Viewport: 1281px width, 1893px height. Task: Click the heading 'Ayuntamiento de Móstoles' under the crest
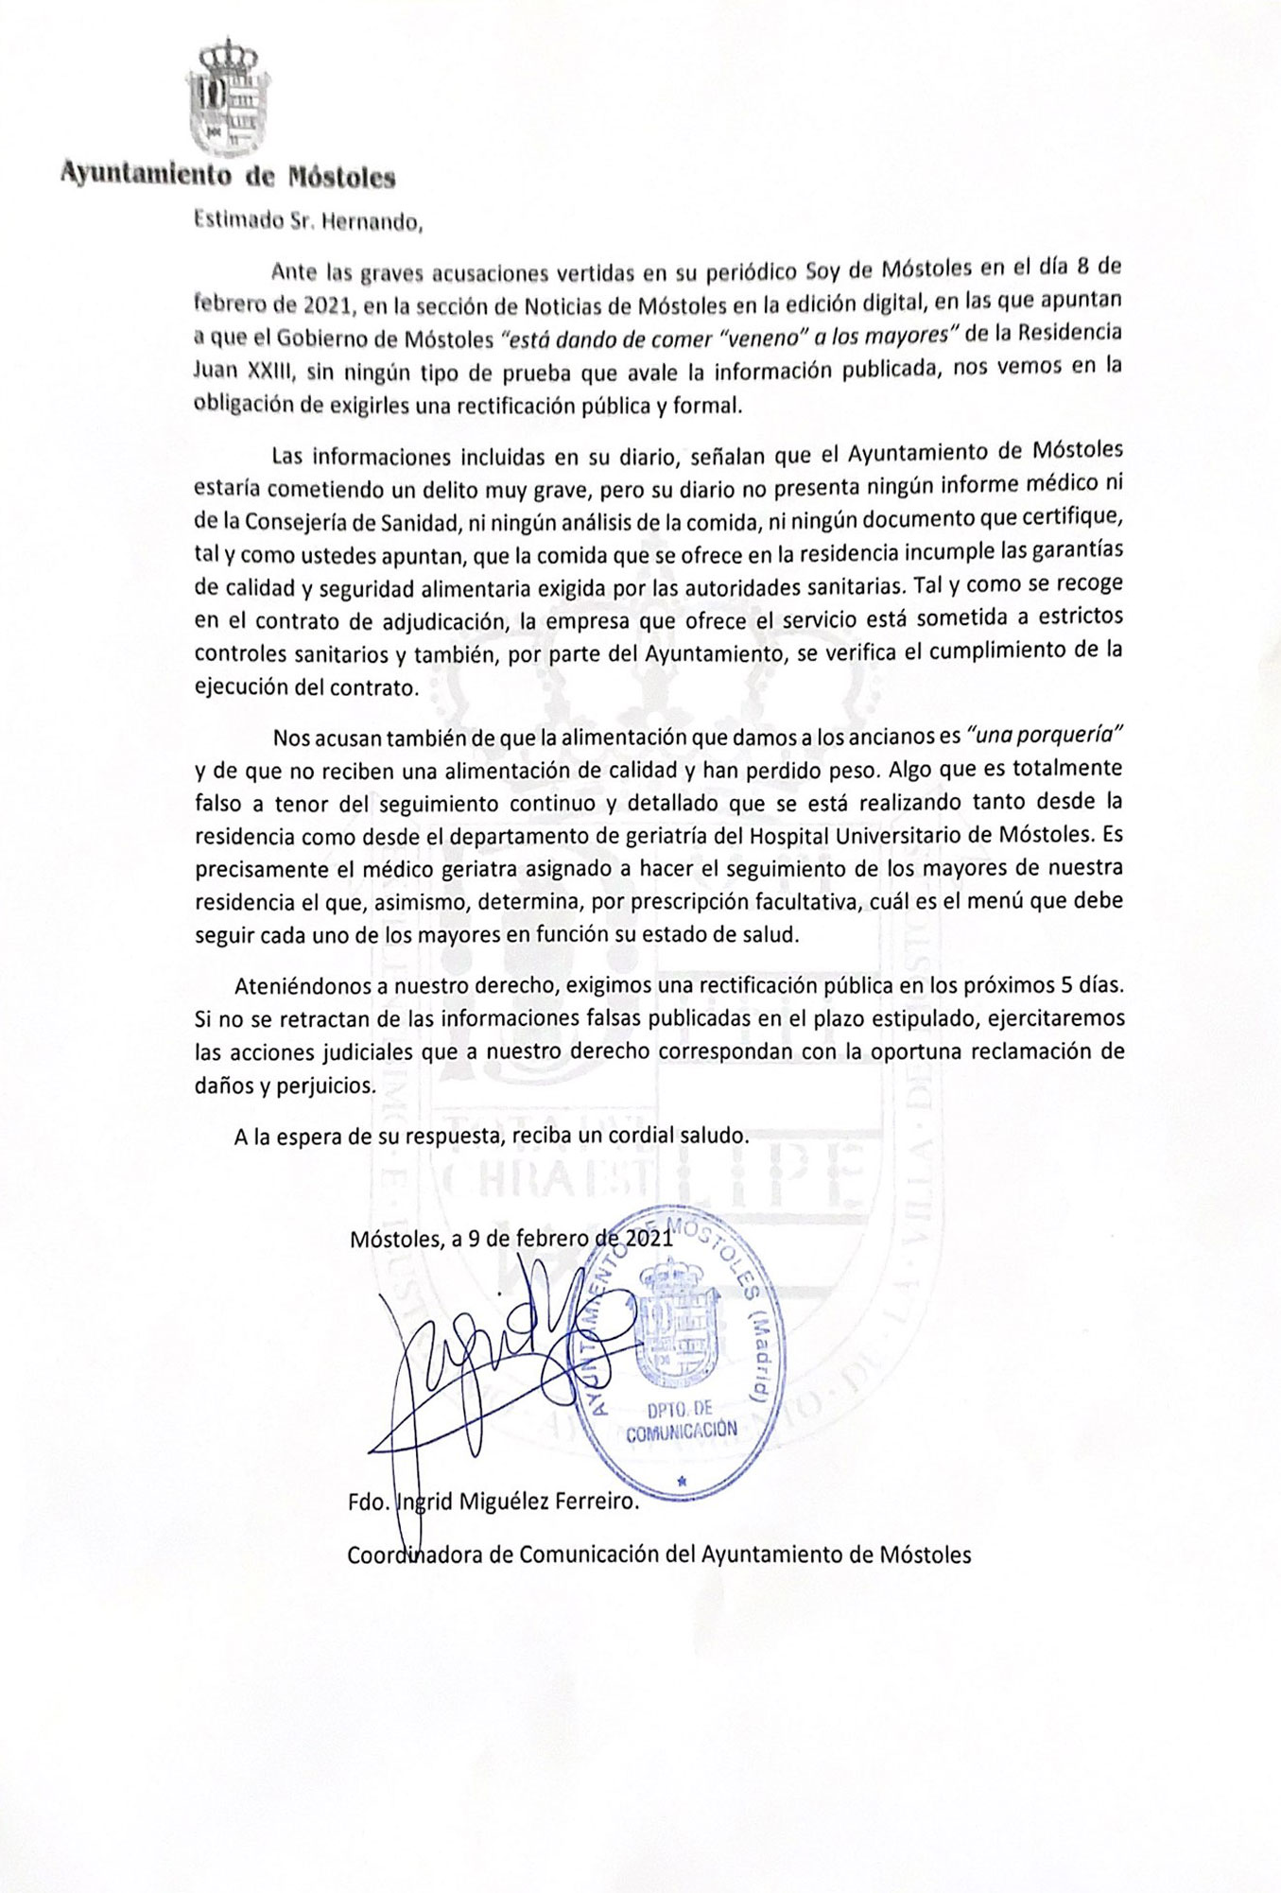228,176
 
